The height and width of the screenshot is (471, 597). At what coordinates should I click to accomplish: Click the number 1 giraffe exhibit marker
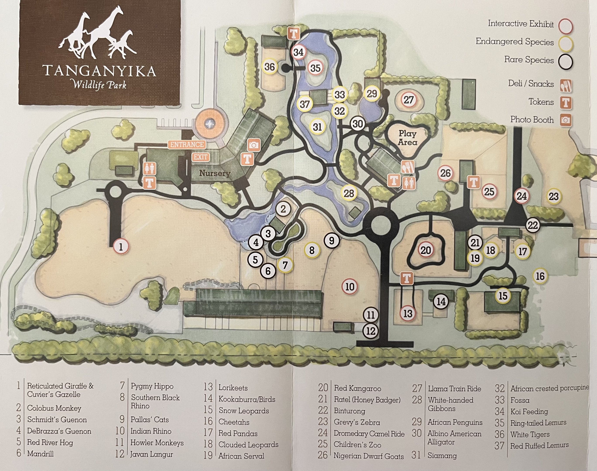coord(121,247)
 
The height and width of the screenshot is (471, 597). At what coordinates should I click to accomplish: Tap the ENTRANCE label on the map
coord(187,145)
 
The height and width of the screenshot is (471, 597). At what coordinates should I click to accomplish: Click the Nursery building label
coord(215,173)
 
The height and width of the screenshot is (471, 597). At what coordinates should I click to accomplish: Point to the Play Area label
coord(407,138)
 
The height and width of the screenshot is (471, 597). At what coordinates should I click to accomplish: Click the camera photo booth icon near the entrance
coord(254,145)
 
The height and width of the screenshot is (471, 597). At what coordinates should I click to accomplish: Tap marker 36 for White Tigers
coord(270,67)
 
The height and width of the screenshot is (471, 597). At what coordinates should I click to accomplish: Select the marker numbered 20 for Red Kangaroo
coord(425,250)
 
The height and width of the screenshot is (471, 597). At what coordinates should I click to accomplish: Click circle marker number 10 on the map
coord(350,287)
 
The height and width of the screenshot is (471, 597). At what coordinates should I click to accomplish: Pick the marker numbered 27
coord(408,100)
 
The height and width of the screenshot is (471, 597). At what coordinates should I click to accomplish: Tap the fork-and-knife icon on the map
coord(408,167)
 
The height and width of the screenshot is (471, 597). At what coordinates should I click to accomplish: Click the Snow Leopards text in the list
coord(244,411)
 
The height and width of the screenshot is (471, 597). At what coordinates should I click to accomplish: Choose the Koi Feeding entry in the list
coord(529,411)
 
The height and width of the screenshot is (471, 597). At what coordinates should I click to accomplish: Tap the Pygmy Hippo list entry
coord(152,386)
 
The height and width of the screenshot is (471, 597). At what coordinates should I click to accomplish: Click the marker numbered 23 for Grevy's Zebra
coord(553,197)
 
